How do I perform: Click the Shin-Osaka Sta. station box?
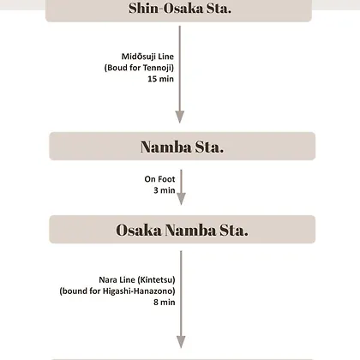coord(178,11)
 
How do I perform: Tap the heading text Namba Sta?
coord(182,147)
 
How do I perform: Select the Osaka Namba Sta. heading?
coord(182,230)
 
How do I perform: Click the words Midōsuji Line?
coord(147,57)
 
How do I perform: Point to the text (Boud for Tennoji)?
coord(139,68)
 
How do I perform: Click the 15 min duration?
coord(160,79)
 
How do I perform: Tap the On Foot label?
coord(159,179)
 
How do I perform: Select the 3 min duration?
coord(165,190)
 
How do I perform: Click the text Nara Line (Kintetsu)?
coord(137,279)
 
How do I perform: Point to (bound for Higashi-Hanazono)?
coord(117,291)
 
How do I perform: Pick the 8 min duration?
coord(165,303)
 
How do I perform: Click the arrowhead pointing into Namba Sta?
coord(180,117)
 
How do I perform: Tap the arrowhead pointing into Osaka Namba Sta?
coord(181,199)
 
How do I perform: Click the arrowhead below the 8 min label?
coord(181,342)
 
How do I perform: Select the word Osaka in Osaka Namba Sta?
coord(139,230)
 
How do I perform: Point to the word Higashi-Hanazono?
coord(137,291)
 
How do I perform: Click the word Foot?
coord(166,179)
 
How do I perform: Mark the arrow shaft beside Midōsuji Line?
coord(180,69)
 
